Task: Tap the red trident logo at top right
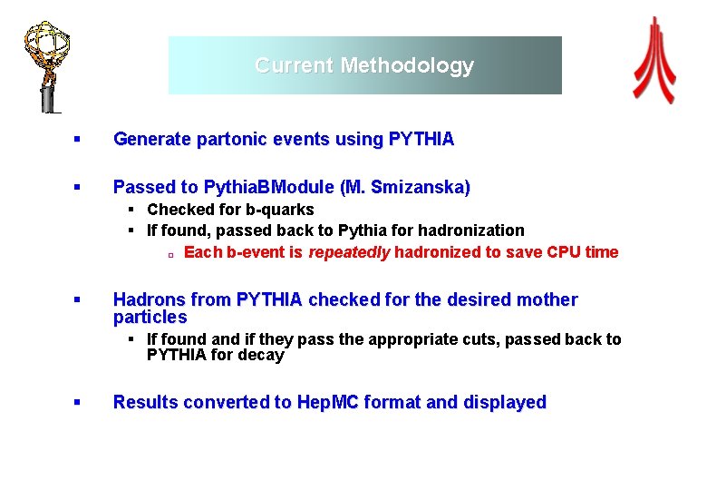[x=654, y=61]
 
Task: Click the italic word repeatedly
[x=349, y=252]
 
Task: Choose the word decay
[x=262, y=356]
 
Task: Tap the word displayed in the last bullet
[x=500, y=402]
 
